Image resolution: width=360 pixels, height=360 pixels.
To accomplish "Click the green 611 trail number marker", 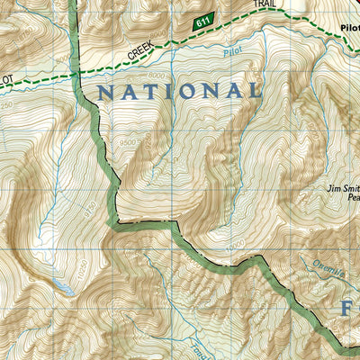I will pos(203,22).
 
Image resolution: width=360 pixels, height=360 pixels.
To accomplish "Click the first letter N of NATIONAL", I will pos(105,92).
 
